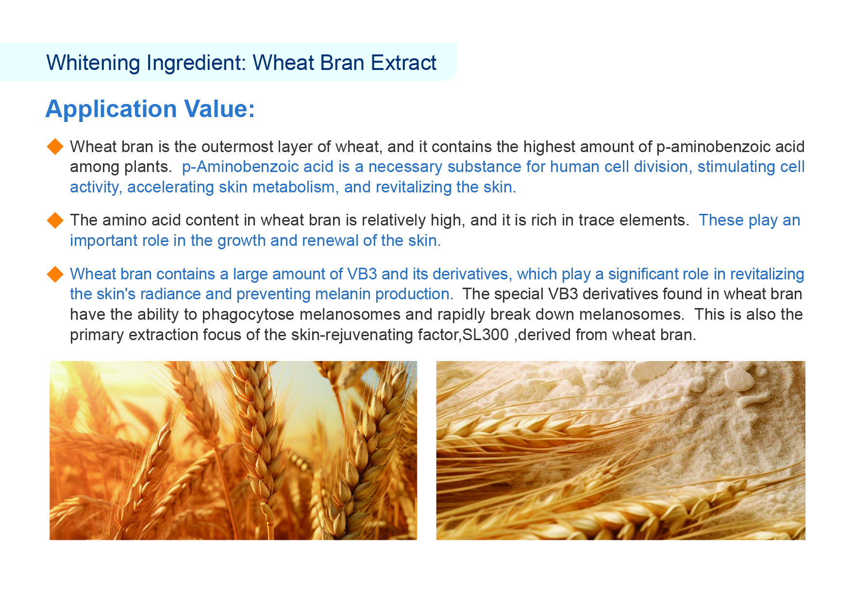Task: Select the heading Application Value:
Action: (x=150, y=108)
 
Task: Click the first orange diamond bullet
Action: (x=55, y=146)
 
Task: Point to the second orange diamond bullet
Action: (x=55, y=220)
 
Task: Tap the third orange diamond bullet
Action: (x=55, y=274)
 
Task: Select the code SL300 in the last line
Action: (x=485, y=335)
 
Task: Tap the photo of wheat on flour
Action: (x=620, y=450)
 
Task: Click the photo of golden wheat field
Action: (x=233, y=450)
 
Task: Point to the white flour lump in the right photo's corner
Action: (x=740, y=378)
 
